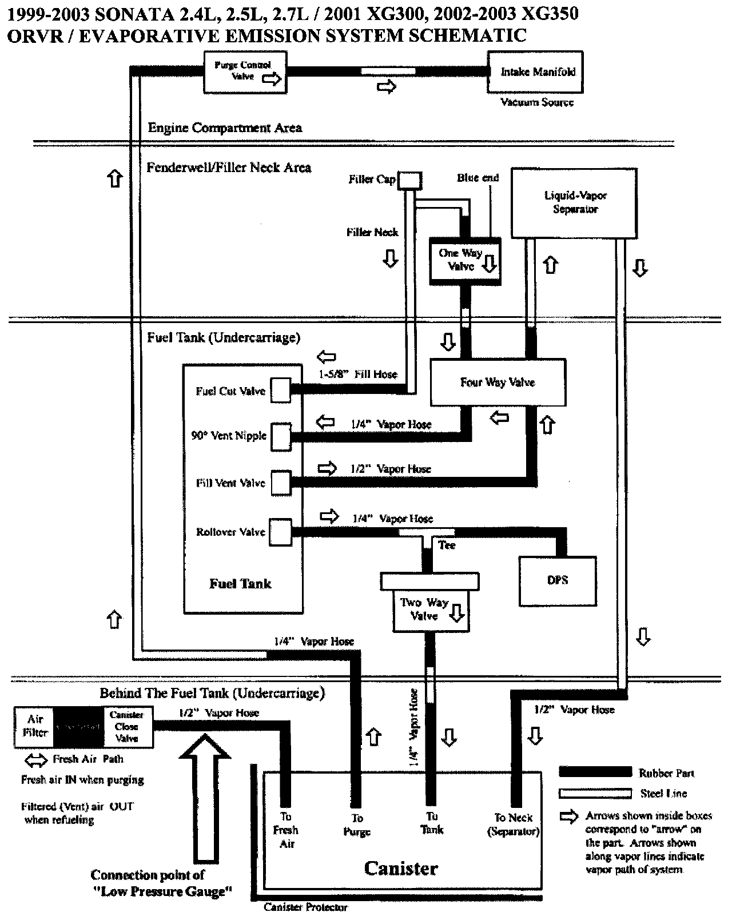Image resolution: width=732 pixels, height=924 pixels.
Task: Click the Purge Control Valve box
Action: (245, 72)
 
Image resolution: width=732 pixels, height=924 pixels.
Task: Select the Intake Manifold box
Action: (535, 72)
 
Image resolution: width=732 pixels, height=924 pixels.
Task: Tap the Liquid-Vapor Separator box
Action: (574, 203)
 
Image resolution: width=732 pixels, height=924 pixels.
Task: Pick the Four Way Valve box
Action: (498, 383)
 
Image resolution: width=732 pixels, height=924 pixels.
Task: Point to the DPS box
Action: (557, 580)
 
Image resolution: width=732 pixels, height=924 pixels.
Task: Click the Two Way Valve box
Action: (431, 610)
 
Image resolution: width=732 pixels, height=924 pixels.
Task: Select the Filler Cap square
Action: (409, 181)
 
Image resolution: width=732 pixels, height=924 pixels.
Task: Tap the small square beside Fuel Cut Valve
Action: (280, 391)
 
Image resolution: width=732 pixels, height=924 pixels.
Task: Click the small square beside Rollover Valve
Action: (280, 531)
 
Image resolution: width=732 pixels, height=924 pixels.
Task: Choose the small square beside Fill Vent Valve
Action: (280, 483)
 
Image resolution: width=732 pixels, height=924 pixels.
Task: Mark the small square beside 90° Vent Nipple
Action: (280, 437)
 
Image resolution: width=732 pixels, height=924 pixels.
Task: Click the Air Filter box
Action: (35, 727)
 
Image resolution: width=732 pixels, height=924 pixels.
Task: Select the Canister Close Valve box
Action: (128, 727)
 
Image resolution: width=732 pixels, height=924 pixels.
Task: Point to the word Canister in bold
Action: (401, 869)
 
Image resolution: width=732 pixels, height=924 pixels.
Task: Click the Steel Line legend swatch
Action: (595, 793)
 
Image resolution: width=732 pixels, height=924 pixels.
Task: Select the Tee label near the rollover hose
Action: (447, 545)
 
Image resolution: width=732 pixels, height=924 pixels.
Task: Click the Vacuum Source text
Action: (536, 102)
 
